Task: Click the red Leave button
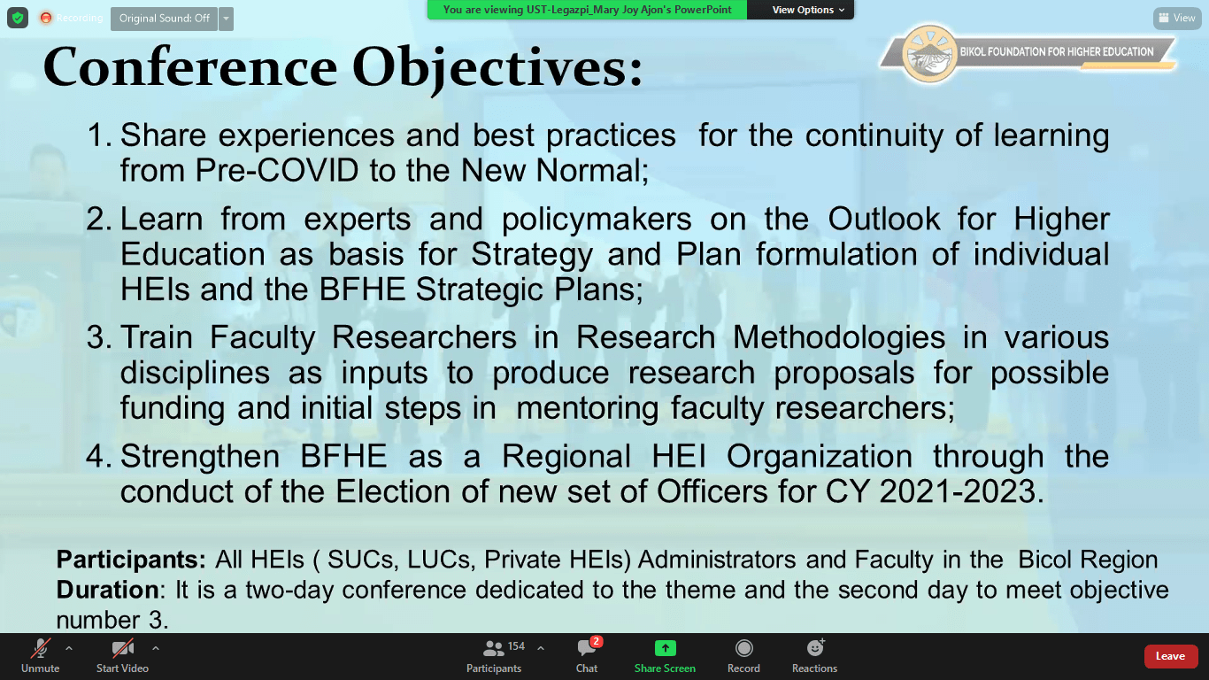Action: click(x=1169, y=656)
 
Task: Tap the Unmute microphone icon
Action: click(x=41, y=648)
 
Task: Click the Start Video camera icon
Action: click(x=122, y=648)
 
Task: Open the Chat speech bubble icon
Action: click(x=587, y=647)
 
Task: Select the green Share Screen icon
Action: click(x=665, y=647)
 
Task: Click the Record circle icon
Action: click(x=743, y=648)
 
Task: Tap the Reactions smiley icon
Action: click(x=815, y=647)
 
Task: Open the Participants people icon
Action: click(x=493, y=647)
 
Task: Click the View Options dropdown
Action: click(x=808, y=10)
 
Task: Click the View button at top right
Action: click(x=1177, y=18)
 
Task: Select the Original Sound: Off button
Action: click(x=164, y=19)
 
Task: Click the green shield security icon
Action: click(x=18, y=18)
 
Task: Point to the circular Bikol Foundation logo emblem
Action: click(x=929, y=53)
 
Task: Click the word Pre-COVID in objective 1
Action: click(x=277, y=170)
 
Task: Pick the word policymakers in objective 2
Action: click(x=597, y=220)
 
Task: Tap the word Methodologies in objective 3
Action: click(x=839, y=338)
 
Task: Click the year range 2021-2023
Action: click(x=958, y=491)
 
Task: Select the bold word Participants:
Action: click(x=131, y=560)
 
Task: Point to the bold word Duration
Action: click(x=107, y=590)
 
